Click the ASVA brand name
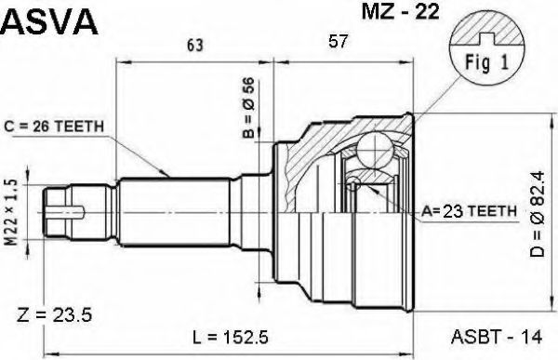click(x=49, y=21)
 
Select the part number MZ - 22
click(x=400, y=11)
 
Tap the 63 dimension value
click(x=195, y=46)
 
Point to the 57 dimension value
click(x=338, y=41)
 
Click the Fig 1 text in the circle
click(x=487, y=63)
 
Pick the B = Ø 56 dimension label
click(x=248, y=107)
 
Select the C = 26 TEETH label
click(x=54, y=127)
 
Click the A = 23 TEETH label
click(x=469, y=211)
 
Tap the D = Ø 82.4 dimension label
click(x=537, y=214)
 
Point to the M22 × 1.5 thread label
click(x=11, y=213)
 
